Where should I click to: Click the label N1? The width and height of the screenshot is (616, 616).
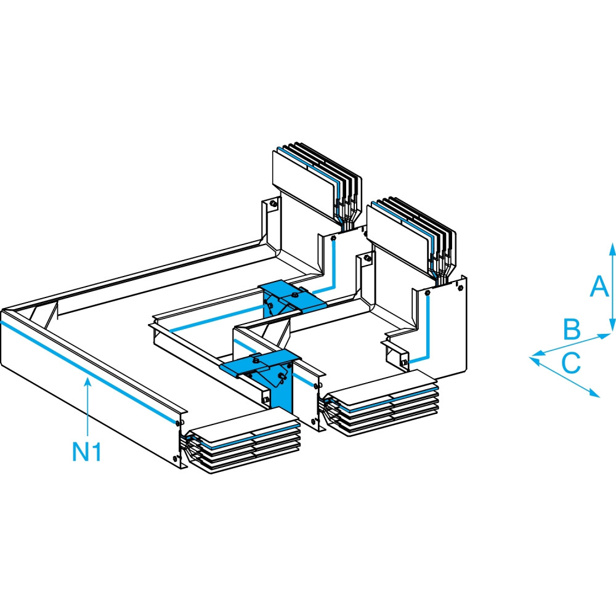click(x=87, y=453)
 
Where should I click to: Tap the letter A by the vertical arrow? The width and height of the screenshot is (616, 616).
click(x=596, y=286)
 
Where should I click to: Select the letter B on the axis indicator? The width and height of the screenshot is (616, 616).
click(x=572, y=330)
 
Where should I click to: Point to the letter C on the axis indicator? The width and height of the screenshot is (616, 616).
click(x=571, y=362)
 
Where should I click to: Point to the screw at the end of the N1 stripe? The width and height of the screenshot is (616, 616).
click(x=178, y=423)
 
